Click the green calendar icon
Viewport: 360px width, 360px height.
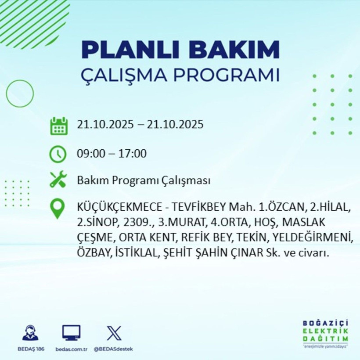click(x=58, y=126)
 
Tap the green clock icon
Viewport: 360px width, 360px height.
click(x=58, y=154)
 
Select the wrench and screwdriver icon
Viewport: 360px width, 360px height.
click(x=58, y=180)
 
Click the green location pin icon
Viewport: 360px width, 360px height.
click(x=58, y=209)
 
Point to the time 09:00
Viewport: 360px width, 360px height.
click(x=90, y=154)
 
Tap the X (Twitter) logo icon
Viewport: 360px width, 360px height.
click(x=114, y=333)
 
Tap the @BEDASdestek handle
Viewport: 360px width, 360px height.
click(x=113, y=349)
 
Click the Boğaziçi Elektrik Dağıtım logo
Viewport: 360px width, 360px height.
click(x=325, y=333)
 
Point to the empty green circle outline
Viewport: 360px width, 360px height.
click(x=20, y=93)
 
